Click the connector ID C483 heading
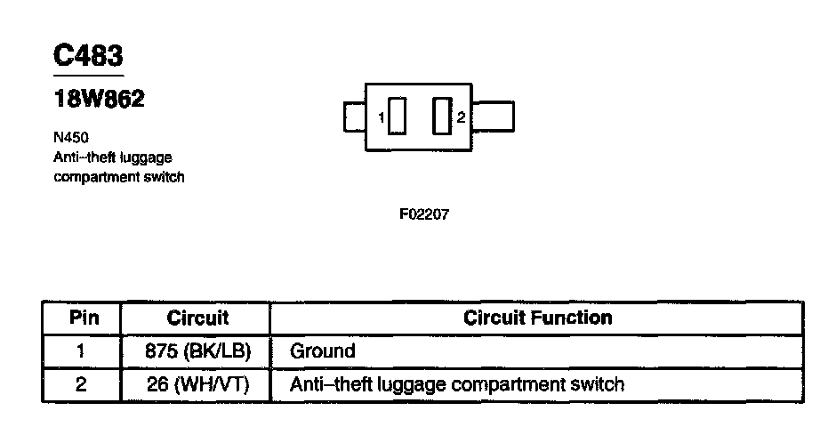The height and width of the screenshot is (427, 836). coord(88,55)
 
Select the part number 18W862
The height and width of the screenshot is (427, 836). coord(99,99)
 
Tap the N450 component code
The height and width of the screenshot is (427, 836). coord(71,138)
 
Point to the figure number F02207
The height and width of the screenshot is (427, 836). coord(424,215)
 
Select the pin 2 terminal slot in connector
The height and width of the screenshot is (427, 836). coord(441,117)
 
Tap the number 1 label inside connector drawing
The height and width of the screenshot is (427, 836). coord(381,117)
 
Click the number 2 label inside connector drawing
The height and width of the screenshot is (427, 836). coord(461,117)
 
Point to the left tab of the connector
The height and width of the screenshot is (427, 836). coord(354,117)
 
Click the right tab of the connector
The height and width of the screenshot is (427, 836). coord(496,117)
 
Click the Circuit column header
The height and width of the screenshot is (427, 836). coord(197,318)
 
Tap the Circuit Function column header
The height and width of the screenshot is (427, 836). coord(538,318)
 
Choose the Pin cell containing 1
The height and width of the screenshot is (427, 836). coord(81,350)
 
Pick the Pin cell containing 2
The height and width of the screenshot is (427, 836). coord(81,385)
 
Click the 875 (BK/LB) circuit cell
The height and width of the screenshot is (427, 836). coord(197,350)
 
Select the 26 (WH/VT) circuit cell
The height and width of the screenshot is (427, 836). coord(197,385)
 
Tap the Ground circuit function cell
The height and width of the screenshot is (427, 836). coord(323,350)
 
